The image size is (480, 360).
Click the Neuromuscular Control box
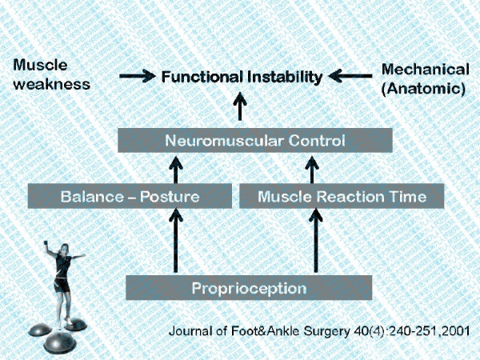255,140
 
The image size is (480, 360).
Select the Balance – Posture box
130,196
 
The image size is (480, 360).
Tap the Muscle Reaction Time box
342,196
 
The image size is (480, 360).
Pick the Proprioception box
249,287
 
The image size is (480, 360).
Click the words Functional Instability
242,77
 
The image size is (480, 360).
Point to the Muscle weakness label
51,74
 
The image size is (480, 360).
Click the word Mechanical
426,70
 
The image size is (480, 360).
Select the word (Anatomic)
423,89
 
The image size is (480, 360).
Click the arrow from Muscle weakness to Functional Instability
138,76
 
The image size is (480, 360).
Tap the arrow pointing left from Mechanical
350,76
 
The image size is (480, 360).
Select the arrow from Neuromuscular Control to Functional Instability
240,106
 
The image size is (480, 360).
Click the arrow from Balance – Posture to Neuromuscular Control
176,170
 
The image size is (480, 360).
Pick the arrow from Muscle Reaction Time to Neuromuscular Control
312,170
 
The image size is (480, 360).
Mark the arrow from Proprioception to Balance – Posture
176,240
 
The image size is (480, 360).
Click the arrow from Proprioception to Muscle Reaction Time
316,240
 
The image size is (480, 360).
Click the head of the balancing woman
65,248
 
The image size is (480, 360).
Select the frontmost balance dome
59,342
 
